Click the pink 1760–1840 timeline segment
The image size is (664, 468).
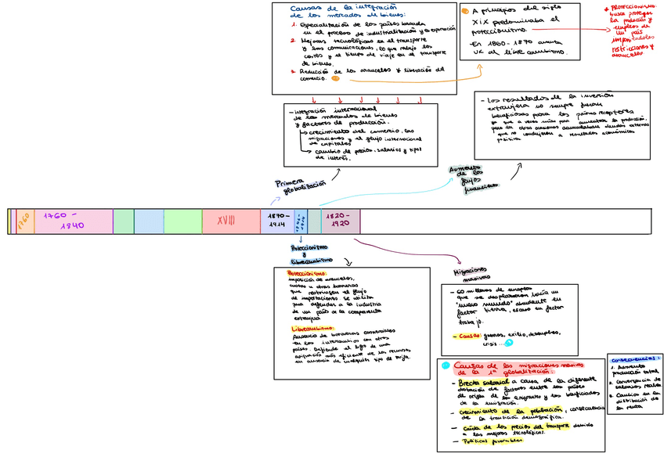65,221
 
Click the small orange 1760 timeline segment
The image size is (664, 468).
23,221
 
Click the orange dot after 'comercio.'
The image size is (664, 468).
335,78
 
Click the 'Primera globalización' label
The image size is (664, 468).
300,185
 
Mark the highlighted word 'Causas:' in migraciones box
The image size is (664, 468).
467,336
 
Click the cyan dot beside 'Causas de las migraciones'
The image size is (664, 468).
446,365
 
